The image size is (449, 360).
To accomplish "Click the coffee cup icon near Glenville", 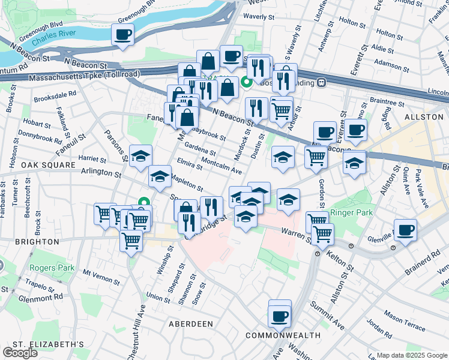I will click(406, 230).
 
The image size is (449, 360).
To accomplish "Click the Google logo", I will click(20, 353).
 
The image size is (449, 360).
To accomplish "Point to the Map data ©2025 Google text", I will click(412, 355).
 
